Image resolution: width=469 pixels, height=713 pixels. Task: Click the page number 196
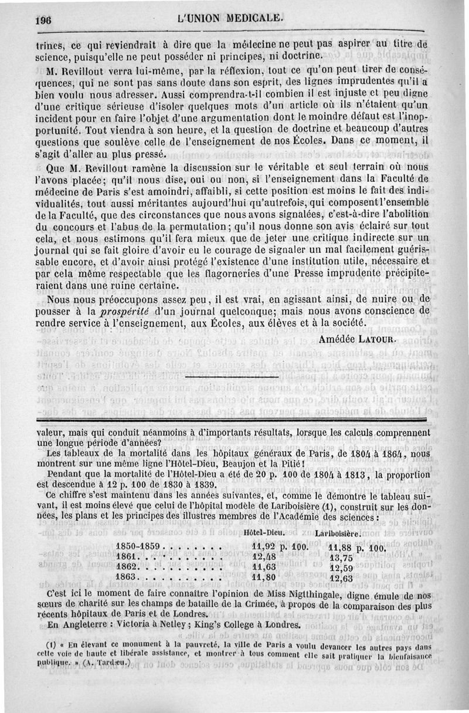click(43, 19)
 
